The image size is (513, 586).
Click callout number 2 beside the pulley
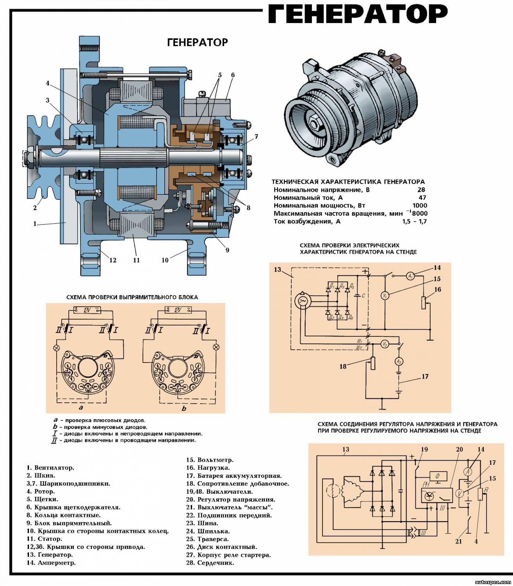(x=35, y=208)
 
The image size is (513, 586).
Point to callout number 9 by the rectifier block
(x=227, y=250)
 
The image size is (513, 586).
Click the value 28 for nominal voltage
(x=422, y=190)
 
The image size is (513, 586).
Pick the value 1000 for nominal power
(x=420, y=205)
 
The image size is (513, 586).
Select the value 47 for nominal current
(x=422, y=198)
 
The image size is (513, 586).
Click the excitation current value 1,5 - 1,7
(x=415, y=222)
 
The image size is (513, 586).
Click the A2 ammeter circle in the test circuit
(x=399, y=362)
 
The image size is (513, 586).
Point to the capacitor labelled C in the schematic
(x=358, y=296)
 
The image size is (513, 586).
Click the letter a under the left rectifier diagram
(x=81, y=408)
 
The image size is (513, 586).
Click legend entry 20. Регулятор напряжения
(x=231, y=499)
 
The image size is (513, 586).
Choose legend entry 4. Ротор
(x=41, y=491)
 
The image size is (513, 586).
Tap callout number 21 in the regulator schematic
(x=459, y=541)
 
